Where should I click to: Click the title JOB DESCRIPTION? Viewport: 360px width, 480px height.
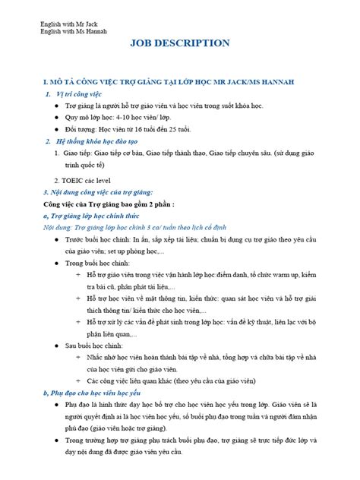click(180, 43)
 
